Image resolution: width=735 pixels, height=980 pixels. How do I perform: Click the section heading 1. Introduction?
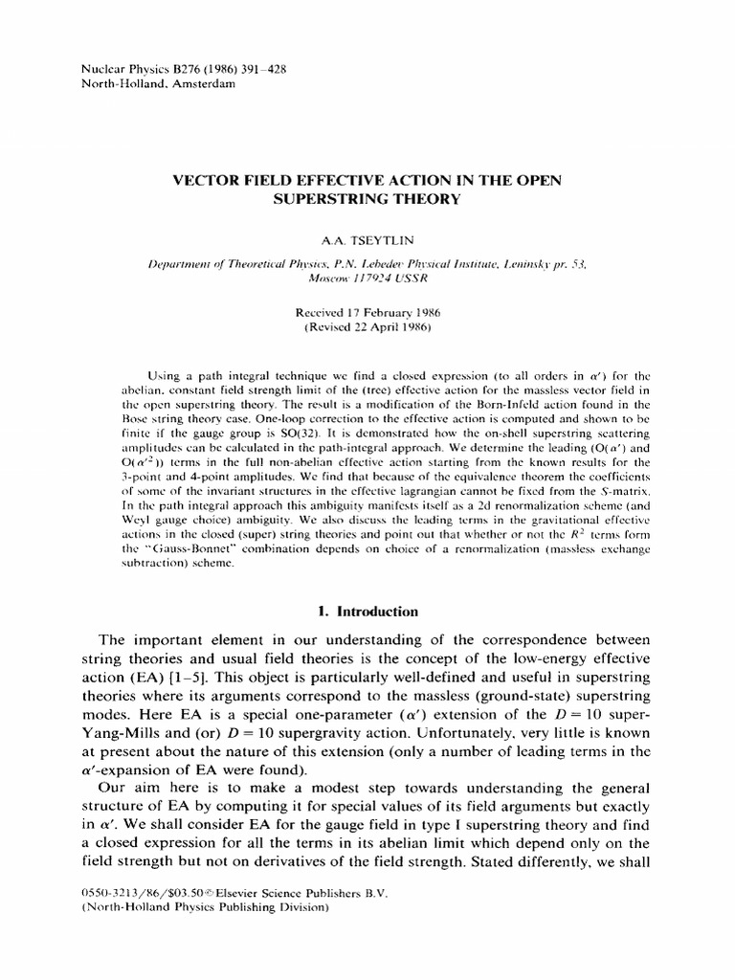tap(367, 611)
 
